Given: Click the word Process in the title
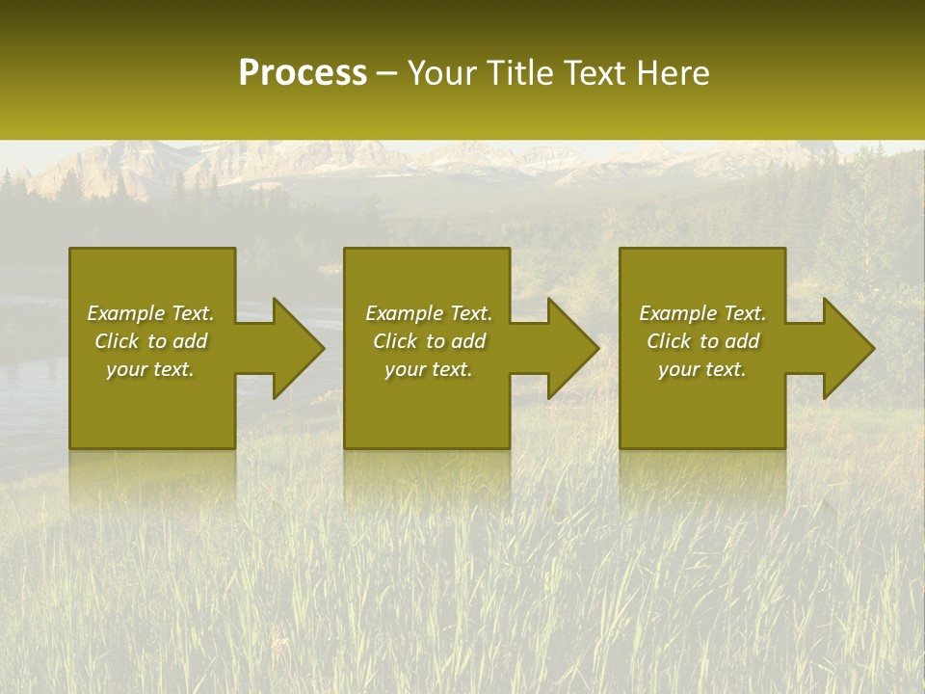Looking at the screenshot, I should (x=303, y=73).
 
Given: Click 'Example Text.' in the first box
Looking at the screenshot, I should (x=150, y=313).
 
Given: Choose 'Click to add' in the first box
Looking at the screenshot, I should (x=150, y=341).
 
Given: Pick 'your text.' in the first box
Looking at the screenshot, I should (x=150, y=369).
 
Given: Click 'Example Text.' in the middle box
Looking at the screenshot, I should (x=429, y=313).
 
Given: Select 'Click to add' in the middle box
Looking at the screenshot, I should (x=429, y=341).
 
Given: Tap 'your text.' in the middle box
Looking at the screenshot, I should (x=429, y=369).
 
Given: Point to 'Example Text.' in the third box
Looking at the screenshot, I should (x=702, y=313).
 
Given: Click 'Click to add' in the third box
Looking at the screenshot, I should (x=702, y=341).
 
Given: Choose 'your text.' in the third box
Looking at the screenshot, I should (x=702, y=369).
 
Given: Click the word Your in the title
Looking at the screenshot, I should (x=440, y=73).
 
